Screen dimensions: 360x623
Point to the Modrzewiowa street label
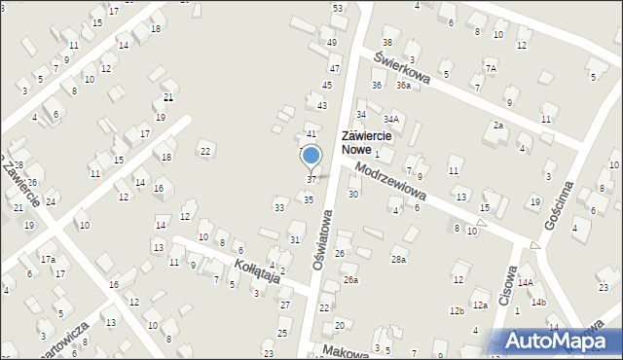click(392, 183)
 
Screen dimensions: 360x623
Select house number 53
click(338, 8)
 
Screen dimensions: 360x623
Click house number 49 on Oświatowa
click(332, 43)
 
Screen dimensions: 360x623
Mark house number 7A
click(492, 69)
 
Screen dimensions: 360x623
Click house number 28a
click(398, 259)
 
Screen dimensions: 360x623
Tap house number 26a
click(350, 280)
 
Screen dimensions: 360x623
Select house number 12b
click(456, 310)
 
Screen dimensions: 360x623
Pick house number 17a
click(48, 260)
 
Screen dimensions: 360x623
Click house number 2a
click(497, 126)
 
